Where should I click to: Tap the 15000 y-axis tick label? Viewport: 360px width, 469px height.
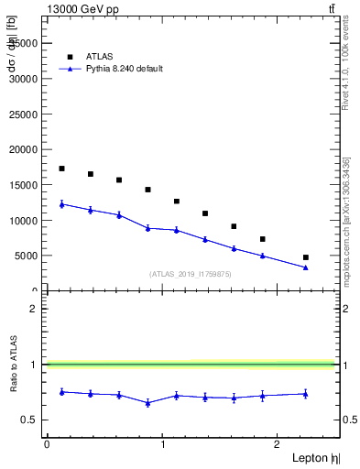(26, 185)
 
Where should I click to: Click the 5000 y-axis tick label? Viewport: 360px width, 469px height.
(28, 256)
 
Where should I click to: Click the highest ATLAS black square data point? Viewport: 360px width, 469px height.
(61, 169)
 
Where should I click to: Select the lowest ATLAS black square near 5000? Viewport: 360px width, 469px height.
(305, 257)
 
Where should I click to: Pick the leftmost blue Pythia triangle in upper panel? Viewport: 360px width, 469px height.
(61, 204)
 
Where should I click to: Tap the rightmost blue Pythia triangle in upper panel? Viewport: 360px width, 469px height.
(305, 267)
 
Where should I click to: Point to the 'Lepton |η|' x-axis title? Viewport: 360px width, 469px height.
(319, 457)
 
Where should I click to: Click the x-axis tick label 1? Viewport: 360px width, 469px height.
(162, 443)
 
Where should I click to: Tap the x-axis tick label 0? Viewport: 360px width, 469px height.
(47, 443)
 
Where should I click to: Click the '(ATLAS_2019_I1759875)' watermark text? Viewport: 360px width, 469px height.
(191, 273)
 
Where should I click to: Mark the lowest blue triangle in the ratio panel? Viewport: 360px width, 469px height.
(147, 403)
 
